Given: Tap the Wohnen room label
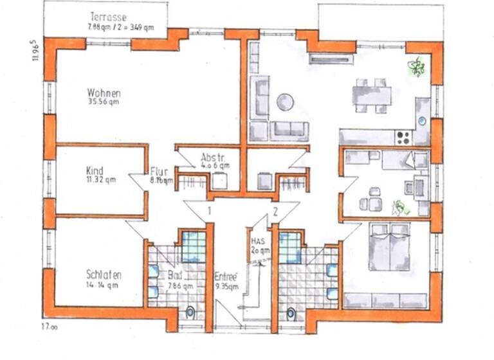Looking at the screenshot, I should click(104, 92).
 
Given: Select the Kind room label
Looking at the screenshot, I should click(95, 171).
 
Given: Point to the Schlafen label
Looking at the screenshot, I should click(104, 274).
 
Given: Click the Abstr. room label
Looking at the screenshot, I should click(212, 157).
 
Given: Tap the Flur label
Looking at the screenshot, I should click(160, 172).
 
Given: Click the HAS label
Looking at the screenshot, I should click(256, 241).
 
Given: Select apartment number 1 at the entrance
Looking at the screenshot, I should click(210, 210).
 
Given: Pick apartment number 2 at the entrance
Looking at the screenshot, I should click(275, 210).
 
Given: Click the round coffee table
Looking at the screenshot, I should click(285, 102).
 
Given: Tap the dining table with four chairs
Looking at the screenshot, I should click(372, 96).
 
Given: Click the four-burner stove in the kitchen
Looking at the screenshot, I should click(404, 136).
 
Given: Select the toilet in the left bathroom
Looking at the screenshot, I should click(190, 313).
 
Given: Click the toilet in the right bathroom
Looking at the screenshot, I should click(291, 314).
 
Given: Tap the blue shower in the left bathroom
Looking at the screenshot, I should click(193, 246).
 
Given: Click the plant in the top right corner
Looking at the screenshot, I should click(417, 66).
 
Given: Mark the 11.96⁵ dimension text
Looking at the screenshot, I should click(35, 50).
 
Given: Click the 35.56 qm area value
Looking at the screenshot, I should click(104, 101).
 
